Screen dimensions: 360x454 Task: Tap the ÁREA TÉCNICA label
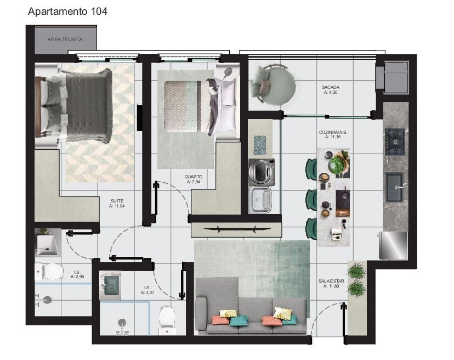click(x=65, y=40)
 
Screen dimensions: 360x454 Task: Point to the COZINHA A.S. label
click(x=333, y=135)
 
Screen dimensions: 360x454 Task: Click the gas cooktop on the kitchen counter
click(x=394, y=142)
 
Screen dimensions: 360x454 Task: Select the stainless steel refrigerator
click(x=394, y=245)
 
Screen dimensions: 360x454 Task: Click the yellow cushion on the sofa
click(x=282, y=313)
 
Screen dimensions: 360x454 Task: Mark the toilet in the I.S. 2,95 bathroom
click(x=49, y=272)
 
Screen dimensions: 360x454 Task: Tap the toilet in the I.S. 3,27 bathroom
click(x=167, y=318)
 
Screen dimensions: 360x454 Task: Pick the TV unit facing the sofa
click(x=236, y=229)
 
